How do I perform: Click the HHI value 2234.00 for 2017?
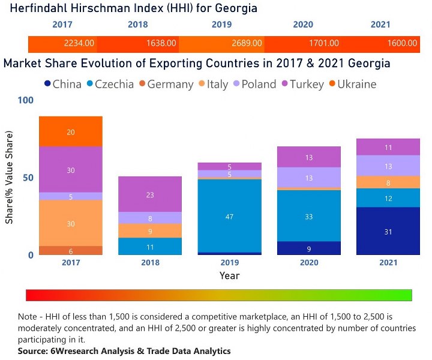coord(79,43)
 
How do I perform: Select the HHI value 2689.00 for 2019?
coord(247,43)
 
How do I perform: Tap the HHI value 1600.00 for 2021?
coord(402,43)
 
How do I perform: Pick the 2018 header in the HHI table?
coord(137,25)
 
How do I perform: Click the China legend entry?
coord(62,84)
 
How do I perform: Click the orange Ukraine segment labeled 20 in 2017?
coord(71,131)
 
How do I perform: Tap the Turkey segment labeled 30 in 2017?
coord(71,170)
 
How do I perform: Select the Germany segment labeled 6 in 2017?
coord(71,251)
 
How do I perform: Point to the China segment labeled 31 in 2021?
coord(388,231)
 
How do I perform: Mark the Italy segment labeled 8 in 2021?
coord(388,182)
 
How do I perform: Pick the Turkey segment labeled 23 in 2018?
coord(150,194)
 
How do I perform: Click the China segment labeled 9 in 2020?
coord(308,248)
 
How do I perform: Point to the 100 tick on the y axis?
coord(26,100)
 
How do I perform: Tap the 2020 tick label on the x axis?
coord(308,263)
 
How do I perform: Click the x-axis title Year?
coord(229,276)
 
